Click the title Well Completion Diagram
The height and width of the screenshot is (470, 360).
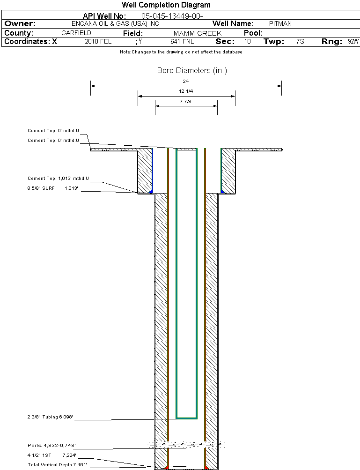pos(166,5)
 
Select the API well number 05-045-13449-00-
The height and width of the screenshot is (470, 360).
pos(172,16)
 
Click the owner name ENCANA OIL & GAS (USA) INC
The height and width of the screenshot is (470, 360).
pos(115,24)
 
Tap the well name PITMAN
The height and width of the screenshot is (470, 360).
pos(280,24)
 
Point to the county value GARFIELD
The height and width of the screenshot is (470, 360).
pos(76,33)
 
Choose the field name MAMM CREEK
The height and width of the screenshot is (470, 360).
pos(198,33)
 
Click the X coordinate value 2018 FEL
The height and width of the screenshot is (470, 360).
pos(98,41)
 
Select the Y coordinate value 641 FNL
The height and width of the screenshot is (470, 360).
pos(182,41)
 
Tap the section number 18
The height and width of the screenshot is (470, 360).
pos(247,41)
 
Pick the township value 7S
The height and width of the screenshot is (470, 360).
pos(300,41)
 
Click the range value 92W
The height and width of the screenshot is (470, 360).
pos(353,41)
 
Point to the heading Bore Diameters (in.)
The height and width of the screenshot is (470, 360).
pos(192,71)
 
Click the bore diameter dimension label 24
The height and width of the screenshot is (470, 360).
pos(186,81)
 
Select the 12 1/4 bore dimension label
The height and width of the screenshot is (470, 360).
pos(186,91)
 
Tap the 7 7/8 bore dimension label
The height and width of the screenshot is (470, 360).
pos(186,101)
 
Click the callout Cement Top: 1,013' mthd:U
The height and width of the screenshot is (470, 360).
pos(58,179)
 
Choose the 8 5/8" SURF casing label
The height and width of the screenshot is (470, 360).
pos(41,188)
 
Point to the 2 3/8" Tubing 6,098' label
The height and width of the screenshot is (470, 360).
pos(50,417)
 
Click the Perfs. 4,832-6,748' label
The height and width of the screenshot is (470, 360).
pos(51,446)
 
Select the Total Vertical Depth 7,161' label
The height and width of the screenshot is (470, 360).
pos(57,464)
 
